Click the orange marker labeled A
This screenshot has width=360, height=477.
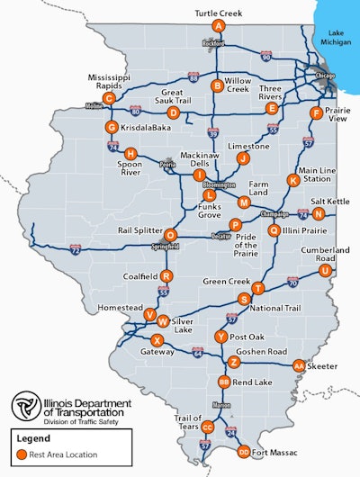pyautogui.click(x=219, y=26)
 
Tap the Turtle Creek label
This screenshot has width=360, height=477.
pyautogui.click(x=219, y=13)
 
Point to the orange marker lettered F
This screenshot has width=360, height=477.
pyautogui.click(x=316, y=112)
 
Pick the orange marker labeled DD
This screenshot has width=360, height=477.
pyautogui.click(x=243, y=452)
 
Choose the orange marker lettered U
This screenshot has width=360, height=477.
pyautogui.click(x=325, y=270)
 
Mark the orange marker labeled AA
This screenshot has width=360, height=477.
pyautogui.click(x=299, y=365)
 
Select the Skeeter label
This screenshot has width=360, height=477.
pyautogui.click(x=325, y=366)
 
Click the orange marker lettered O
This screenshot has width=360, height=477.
pyautogui.click(x=170, y=236)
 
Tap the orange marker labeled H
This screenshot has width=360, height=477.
pyautogui.click(x=131, y=154)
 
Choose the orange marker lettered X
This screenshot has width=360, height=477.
pyautogui.click(x=157, y=340)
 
